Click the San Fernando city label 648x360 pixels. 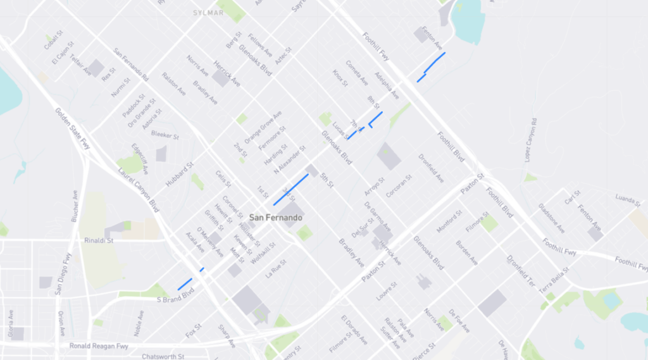pyautogui.click(x=276, y=218)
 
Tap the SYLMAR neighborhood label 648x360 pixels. pyautogui.click(x=209, y=13)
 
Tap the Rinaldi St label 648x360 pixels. pyautogui.click(x=99, y=240)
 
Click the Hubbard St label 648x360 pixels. pyautogui.click(x=180, y=173)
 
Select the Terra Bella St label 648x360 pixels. pyautogui.click(x=554, y=276)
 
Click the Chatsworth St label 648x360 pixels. pyautogui.click(x=163, y=356)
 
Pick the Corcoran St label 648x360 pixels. pyautogui.click(x=399, y=185)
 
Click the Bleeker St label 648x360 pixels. pyautogui.click(x=165, y=135)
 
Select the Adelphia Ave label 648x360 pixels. pyautogui.click(x=387, y=85)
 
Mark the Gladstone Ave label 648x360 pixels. pyautogui.click(x=552, y=218)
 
